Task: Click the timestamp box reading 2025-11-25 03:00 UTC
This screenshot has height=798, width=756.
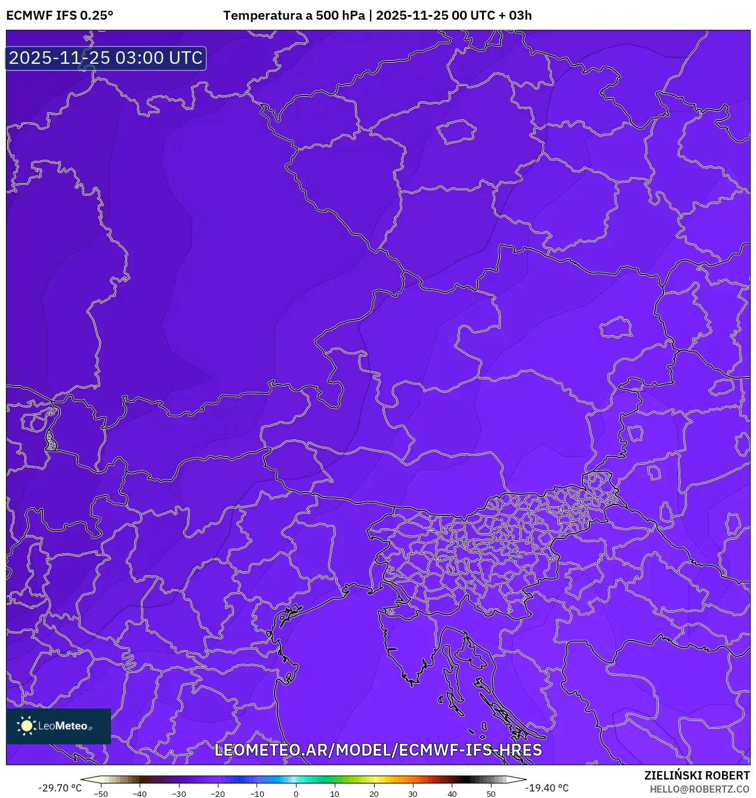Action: click(106, 58)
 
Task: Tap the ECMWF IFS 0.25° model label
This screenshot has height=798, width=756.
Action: click(59, 16)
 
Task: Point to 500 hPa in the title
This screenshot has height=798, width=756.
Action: click(340, 16)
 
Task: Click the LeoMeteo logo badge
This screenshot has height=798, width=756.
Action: click(58, 726)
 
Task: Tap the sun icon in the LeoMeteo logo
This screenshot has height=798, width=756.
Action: click(26, 726)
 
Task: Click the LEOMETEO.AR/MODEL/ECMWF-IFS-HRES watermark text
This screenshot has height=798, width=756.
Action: click(378, 750)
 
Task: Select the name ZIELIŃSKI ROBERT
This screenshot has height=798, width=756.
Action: click(696, 775)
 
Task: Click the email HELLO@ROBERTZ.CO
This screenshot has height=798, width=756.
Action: click(699, 789)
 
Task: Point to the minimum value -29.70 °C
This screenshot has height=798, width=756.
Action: click(60, 788)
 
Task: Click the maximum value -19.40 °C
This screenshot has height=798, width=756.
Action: click(547, 788)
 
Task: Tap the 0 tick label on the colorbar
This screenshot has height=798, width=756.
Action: click(296, 794)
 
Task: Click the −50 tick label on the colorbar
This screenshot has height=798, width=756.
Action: click(101, 794)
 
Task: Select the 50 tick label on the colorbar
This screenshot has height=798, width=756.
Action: click(490, 794)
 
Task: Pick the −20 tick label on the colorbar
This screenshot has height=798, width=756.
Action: click(218, 794)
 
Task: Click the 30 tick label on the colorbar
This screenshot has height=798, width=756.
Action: click(413, 794)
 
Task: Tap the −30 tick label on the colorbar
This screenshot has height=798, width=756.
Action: click(179, 794)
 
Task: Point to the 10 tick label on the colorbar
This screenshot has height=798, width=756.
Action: click(335, 794)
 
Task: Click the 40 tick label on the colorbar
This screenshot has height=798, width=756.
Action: click(452, 794)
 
